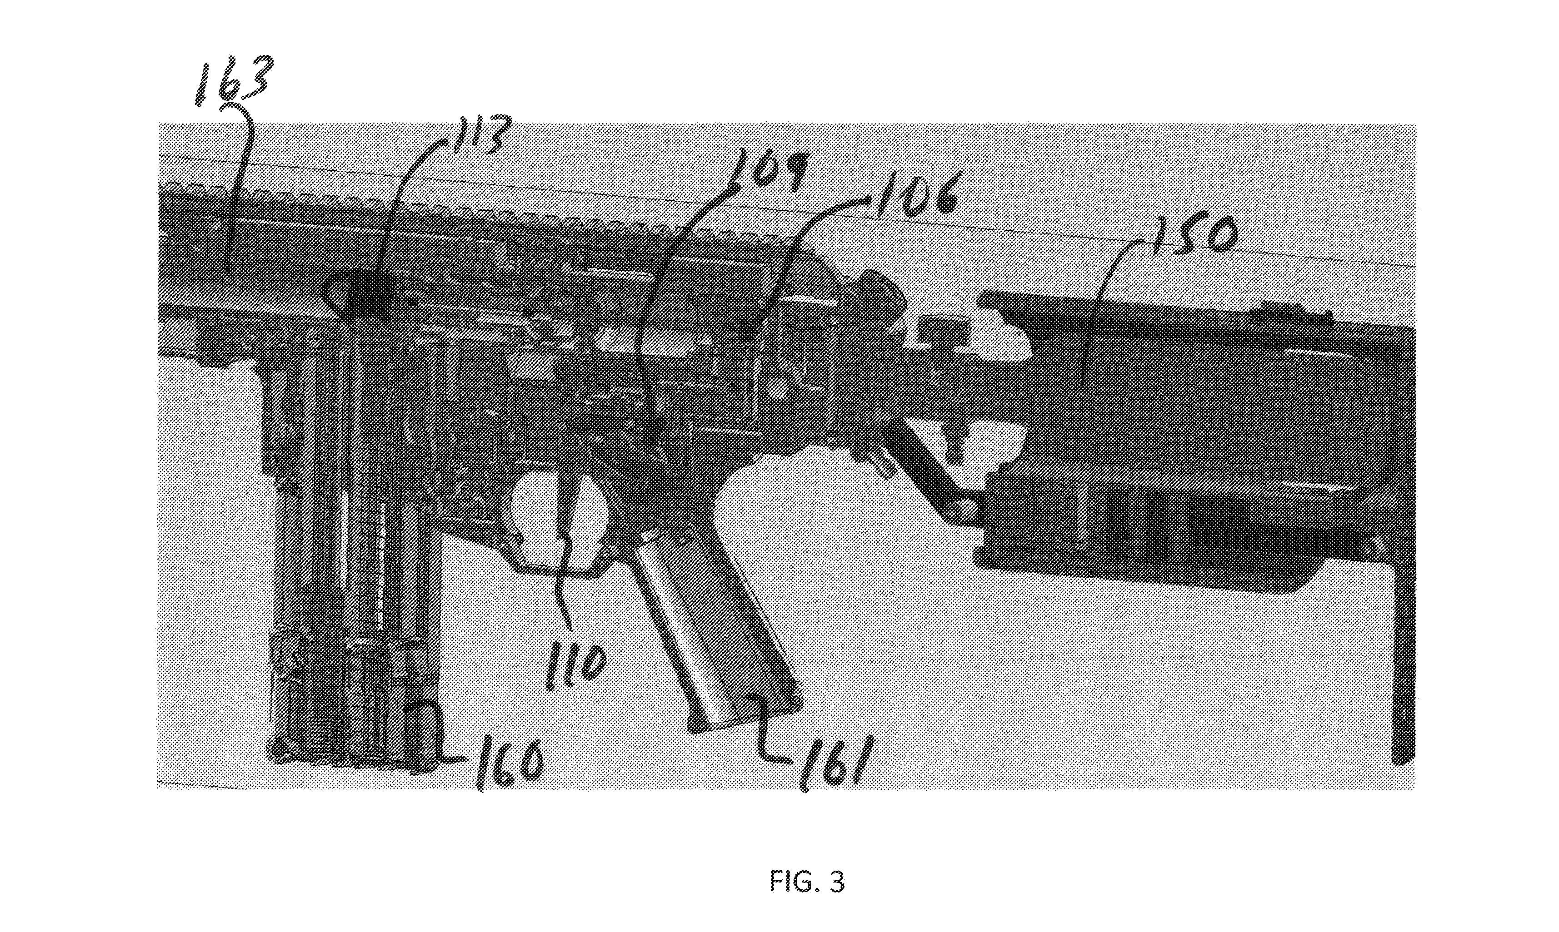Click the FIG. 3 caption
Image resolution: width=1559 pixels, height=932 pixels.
coord(808,882)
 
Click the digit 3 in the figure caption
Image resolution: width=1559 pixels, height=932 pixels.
coord(836,882)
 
